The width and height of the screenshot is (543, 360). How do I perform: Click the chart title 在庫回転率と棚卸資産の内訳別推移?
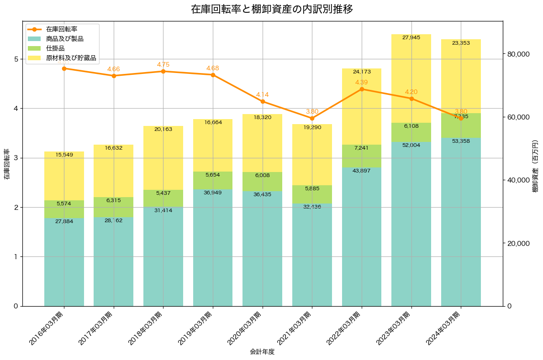(272, 9)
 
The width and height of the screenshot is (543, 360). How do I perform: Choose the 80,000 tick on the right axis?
(518, 54)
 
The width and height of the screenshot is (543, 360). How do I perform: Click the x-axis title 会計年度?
(262, 352)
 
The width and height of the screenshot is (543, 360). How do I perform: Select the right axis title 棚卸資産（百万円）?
(536, 173)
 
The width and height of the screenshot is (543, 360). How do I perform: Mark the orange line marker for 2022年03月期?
(362, 89)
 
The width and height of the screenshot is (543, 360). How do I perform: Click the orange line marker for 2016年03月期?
(64, 68)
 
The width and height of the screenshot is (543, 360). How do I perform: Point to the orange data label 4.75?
(163, 64)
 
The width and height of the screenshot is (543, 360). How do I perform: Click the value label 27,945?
(411, 37)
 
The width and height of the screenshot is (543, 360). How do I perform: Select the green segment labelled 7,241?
(362, 156)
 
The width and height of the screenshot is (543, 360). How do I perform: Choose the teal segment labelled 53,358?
(461, 221)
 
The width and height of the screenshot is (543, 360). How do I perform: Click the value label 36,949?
(213, 193)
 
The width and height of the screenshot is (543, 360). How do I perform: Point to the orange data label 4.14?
(263, 94)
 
